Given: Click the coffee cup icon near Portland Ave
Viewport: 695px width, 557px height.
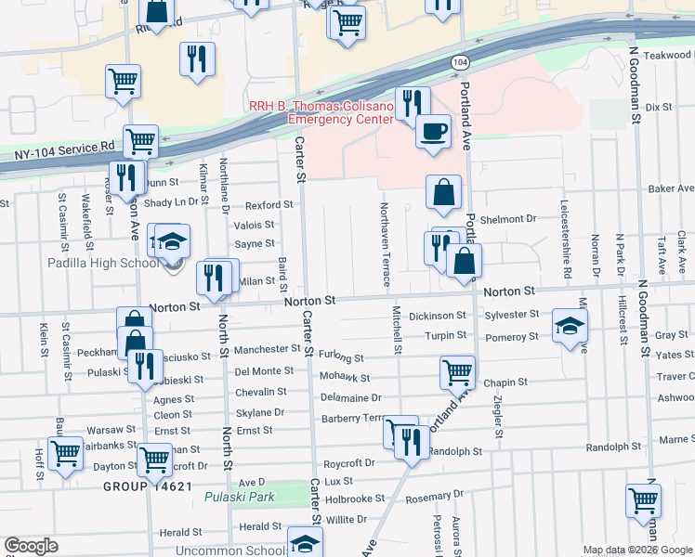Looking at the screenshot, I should [433, 131].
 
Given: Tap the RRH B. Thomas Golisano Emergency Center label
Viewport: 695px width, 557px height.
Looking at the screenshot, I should [321, 112].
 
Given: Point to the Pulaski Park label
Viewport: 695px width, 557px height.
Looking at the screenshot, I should [240, 497].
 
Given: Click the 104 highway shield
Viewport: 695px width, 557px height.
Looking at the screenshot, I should [460, 61].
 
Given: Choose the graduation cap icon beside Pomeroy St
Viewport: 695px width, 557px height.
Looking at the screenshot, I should [570, 326].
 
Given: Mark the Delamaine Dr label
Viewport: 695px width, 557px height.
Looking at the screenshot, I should [345, 397].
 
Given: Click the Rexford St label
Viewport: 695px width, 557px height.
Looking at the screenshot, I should [269, 204].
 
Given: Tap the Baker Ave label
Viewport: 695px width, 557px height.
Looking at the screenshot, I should [672, 188].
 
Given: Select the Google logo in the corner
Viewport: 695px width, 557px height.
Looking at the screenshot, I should [31, 545].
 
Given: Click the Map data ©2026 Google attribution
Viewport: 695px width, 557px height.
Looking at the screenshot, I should [637, 550].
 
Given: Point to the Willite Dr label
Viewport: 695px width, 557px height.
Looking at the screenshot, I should [346, 519].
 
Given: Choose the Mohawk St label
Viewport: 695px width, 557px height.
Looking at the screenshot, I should [344, 378].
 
